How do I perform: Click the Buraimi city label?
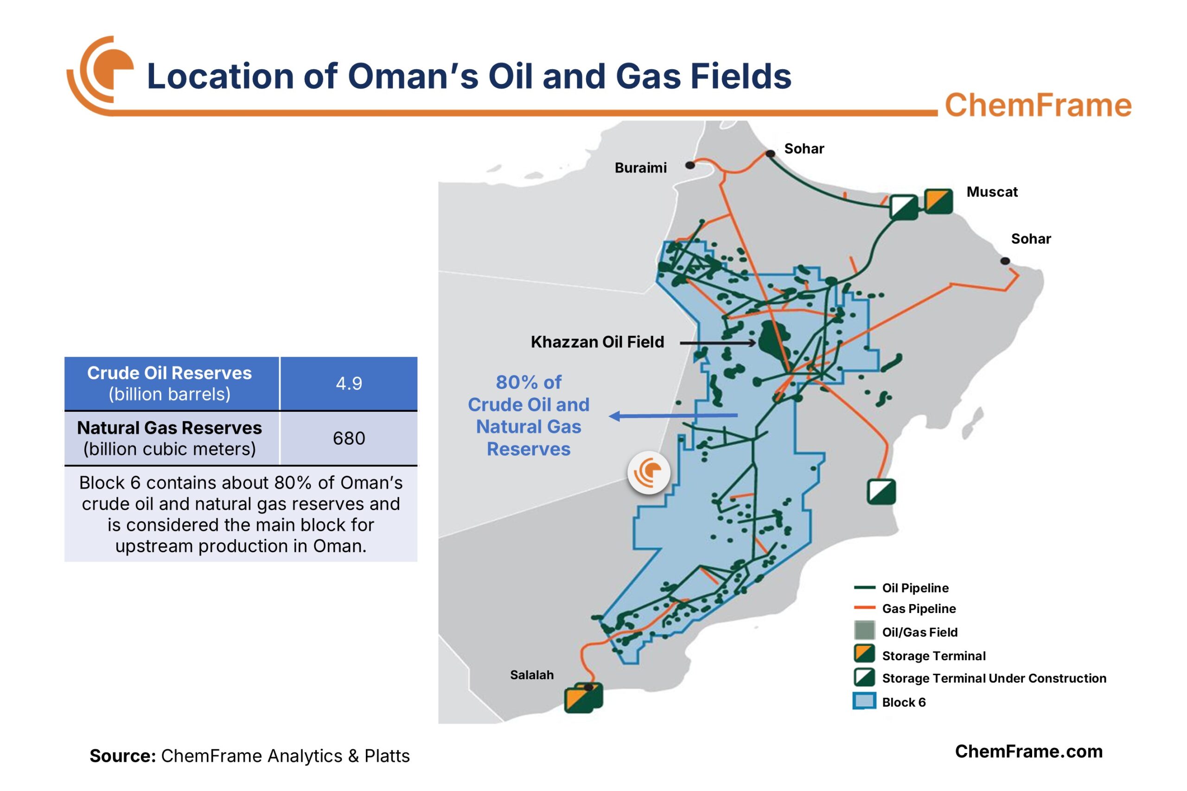(x=640, y=167)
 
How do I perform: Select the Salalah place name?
(x=532, y=675)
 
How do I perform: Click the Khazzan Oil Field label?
(x=597, y=342)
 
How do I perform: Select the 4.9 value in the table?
(x=349, y=383)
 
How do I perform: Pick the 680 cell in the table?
(x=349, y=438)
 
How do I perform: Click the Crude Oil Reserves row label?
(x=170, y=383)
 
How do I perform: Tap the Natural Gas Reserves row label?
(x=170, y=438)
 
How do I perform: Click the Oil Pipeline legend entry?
(x=914, y=588)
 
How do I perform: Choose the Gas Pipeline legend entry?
(x=918, y=608)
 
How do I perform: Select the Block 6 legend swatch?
(x=864, y=701)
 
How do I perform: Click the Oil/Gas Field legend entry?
(x=919, y=632)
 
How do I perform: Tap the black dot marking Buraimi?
(x=689, y=165)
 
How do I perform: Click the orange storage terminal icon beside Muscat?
(x=938, y=201)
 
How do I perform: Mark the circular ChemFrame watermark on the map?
(x=649, y=472)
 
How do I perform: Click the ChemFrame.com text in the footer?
(x=1028, y=751)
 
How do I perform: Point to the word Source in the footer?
(x=122, y=756)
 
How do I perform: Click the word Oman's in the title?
(x=413, y=76)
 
